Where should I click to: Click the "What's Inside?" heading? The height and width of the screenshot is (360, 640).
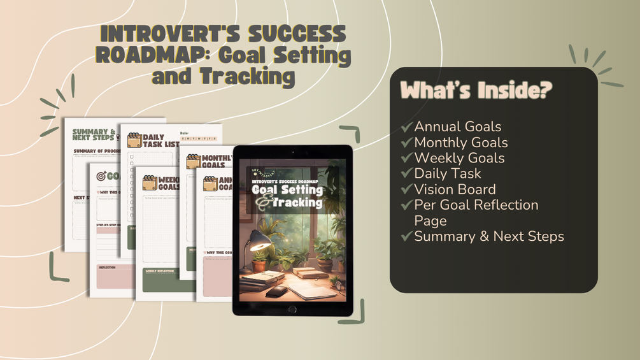point(476,90)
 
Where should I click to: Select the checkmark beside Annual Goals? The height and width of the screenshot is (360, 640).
point(407,127)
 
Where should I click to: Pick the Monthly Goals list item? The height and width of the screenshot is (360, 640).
point(460,143)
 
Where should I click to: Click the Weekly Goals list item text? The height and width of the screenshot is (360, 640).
point(459,158)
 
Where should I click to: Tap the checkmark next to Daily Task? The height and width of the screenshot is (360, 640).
point(407,174)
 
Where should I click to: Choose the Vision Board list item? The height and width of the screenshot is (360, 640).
point(455,189)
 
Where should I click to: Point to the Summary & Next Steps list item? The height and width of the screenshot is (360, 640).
point(488,236)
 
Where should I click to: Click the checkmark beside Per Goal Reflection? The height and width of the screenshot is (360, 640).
point(407,205)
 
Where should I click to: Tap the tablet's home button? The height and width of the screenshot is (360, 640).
point(292,309)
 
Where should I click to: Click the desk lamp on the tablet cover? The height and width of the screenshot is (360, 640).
point(257,241)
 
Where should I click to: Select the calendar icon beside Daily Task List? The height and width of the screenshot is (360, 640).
point(134,140)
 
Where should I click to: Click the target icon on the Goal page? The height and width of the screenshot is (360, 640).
point(101,176)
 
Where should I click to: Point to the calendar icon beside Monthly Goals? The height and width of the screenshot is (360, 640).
point(194,161)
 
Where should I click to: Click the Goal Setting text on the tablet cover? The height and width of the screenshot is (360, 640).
point(287,190)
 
